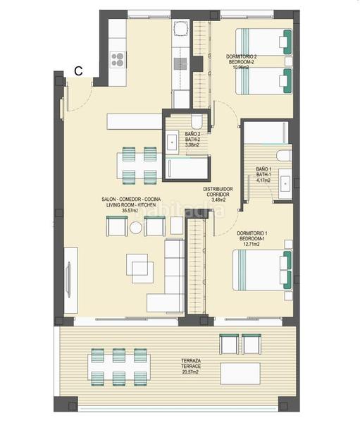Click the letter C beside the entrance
pos(80,70)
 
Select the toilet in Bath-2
pos(196,121)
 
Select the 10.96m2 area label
pos(240,68)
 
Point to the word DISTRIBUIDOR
pos(218,189)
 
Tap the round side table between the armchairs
pos(135,228)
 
